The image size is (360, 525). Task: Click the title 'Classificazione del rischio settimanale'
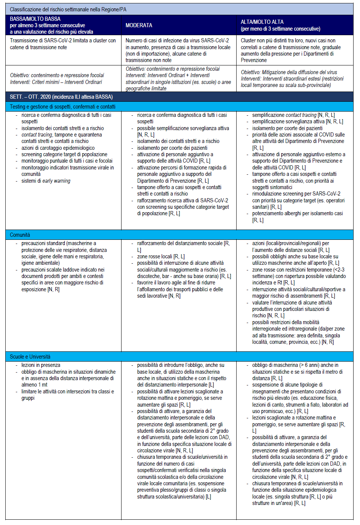(68, 9)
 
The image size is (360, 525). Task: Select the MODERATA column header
(139, 25)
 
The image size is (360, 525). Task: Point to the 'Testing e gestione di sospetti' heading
(62, 107)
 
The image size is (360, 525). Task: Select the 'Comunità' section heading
(20, 235)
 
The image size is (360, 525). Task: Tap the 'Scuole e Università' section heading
(30, 357)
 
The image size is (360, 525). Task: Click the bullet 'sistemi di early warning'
(46, 181)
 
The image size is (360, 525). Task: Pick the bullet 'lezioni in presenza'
(41, 365)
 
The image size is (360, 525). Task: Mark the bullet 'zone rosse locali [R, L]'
(161, 256)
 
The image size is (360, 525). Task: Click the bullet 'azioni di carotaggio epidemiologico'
(58, 148)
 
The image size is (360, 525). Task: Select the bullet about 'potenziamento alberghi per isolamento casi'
(298, 213)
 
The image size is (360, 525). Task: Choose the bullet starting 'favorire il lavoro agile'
(176, 283)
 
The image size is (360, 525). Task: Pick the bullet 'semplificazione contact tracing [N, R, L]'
(293, 115)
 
